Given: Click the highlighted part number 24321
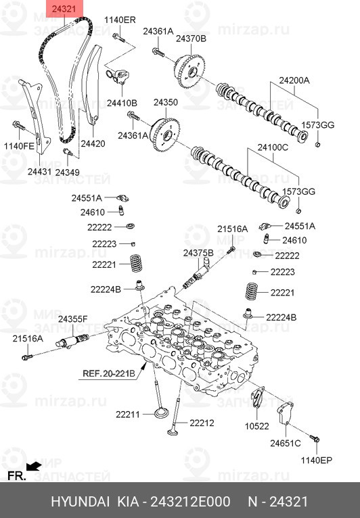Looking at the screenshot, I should tap(66, 9).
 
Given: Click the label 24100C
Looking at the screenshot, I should tap(273, 147).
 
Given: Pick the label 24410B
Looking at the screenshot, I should tap(122, 103).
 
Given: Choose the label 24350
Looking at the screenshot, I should tap(165, 103).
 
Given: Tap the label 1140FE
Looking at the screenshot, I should tap(18, 145).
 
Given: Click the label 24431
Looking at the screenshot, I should tap(39, 172).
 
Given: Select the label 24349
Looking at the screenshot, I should tap(68, 172).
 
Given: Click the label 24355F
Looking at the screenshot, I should tap(72, 319).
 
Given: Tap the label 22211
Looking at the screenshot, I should tap(127, 414).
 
